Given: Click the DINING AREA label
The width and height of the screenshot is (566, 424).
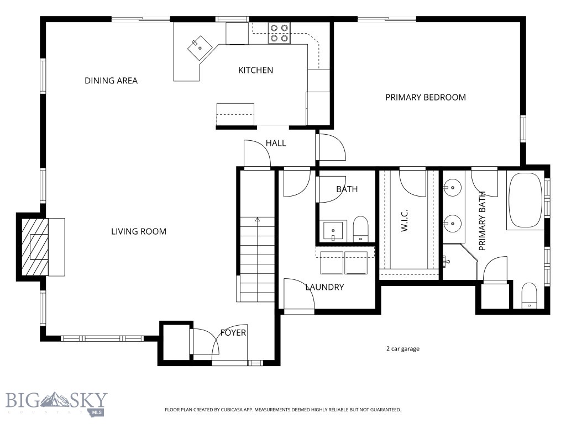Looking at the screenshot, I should click(x=111, y=81).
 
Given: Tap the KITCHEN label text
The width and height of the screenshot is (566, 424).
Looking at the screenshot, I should click(x=255, y=70).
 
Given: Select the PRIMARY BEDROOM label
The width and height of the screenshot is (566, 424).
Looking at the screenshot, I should click(x=425, y=97).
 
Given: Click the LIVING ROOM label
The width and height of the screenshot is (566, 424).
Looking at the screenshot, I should click(x=138, y=231).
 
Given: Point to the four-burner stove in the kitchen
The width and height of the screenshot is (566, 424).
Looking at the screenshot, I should click(x=279, y=33).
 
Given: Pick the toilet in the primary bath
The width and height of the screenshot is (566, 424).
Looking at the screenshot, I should click(x=529, y=295).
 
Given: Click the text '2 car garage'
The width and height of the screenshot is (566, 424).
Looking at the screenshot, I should click(x=402, y=348).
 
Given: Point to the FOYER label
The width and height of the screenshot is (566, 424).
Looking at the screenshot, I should click(x=233, y=332).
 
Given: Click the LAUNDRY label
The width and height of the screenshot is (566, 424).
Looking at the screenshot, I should click(x=324, y=287).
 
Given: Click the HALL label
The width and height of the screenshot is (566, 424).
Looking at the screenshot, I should click(x=276, y=143).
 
